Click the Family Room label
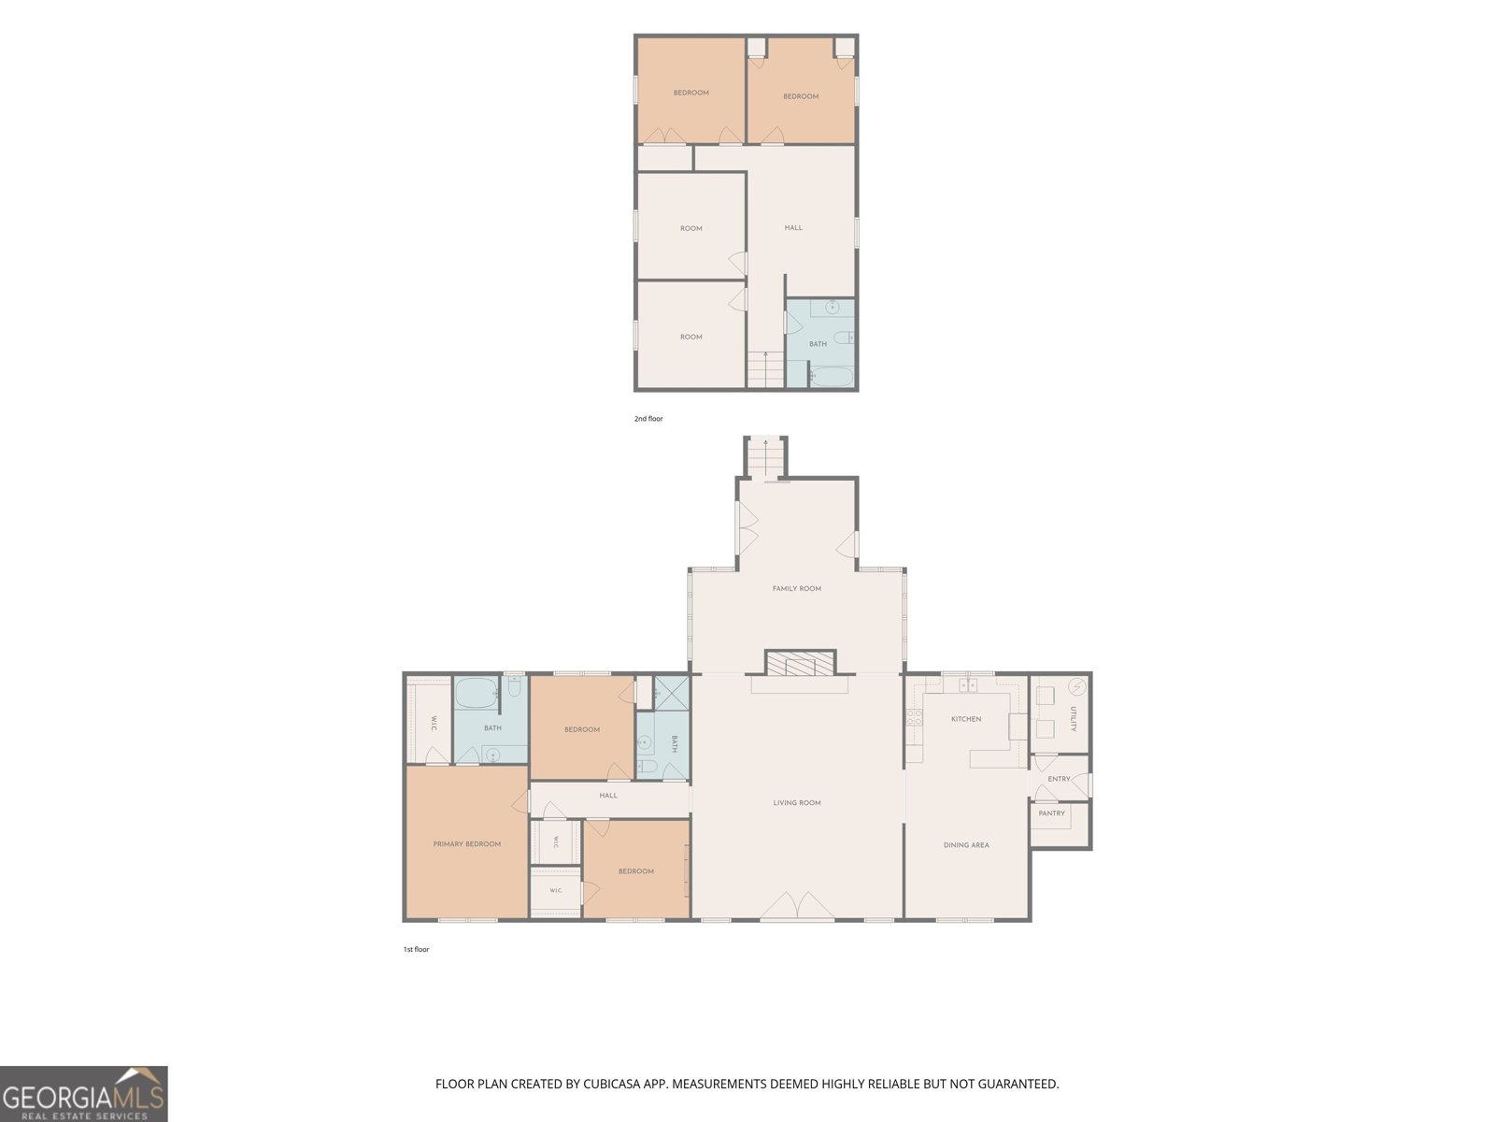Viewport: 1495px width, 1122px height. point(796,589)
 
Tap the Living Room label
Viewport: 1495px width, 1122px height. point(796,803)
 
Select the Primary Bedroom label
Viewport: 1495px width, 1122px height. point(466,844)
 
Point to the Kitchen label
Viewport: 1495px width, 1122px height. point(966,719)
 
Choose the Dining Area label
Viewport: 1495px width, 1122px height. point(966,845)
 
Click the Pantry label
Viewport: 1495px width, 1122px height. point(1051,813)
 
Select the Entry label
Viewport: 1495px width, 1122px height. point(1059,779)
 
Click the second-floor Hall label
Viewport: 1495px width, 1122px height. point(793,227)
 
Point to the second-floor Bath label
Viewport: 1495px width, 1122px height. point(818,344)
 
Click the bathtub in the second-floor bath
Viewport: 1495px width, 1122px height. point(831,377)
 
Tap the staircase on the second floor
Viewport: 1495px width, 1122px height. point(765,368)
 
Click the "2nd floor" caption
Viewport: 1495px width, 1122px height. point(648,419)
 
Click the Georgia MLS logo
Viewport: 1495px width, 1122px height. point(83,1094)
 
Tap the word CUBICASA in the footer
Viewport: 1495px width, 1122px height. point(612,1084)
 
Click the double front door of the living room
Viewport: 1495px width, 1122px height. point(797,906)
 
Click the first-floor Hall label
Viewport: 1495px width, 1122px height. point(608,796)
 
